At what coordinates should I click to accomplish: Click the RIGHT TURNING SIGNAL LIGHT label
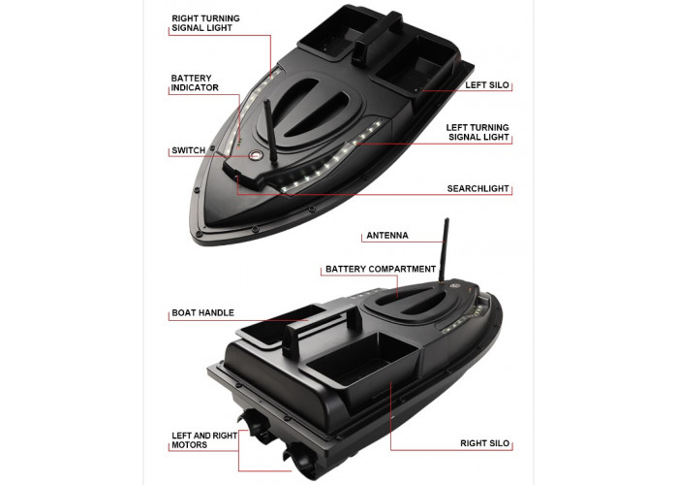pyautogui.click(x=205, y=23)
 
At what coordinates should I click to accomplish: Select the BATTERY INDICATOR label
pyautogui.click(x=195, y=82)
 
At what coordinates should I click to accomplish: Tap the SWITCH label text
pyautogui.click(x=189, y=150)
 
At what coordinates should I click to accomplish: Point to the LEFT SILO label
pyautogui.click(x=487, y=85)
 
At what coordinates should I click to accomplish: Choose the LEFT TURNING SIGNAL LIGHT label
pyautogui.click(x=478, y=132)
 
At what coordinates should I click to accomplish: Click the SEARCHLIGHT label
pyautogui.click(x=478, y=188)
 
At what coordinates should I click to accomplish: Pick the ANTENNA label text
pyautogui.click(x=387, y=235)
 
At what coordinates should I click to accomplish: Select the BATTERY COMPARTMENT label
pyautogui.click(x=381, y=269)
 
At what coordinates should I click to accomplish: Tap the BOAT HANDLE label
pyautogui.click(x=202, y=312)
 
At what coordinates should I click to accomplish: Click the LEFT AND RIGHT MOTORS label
pyautogui.click(x=204, y=440)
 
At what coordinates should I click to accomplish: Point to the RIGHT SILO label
pyautogui.click(x=484, y=443)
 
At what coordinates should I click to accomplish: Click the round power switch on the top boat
pyautogui.click(x=255, y=155)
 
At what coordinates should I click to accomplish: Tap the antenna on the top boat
pyautogui.click(x=270, y=131)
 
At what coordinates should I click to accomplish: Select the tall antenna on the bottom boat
pyautogui.click(x=444, y=250)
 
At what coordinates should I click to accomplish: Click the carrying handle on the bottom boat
pyautogui.click(x=323, y=328)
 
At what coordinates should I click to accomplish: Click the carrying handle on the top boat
pyautogui.click(x=378, y=37)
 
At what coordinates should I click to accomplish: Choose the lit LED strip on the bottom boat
pyautogui.click(x=463, y=319)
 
